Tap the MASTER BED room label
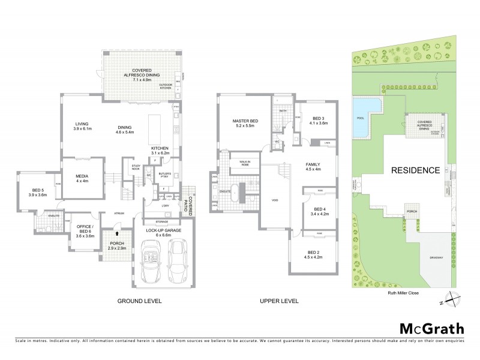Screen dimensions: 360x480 click(245, 124)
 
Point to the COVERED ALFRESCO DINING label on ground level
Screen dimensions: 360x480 click(137, 74)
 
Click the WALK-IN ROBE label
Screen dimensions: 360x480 click(245, 163)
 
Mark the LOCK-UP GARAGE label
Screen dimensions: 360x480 click(161, 232)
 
